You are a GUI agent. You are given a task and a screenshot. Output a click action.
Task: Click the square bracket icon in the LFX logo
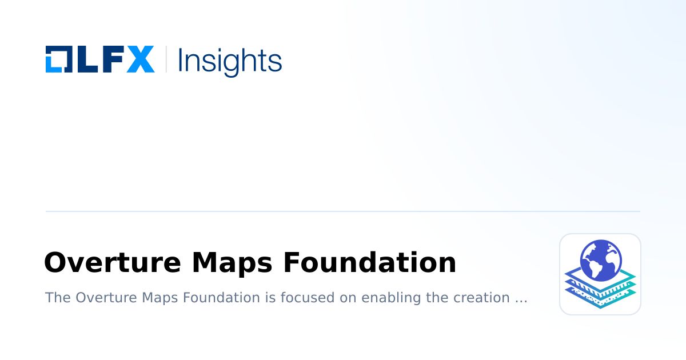pos(58,59)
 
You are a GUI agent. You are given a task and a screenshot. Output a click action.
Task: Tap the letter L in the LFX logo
pos(85,59)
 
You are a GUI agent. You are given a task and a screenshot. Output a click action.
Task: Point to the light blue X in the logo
pos(140,59)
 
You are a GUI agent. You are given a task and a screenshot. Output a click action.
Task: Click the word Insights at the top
pos(230,61)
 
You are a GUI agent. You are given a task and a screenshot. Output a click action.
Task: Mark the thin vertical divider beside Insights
pos(166,59)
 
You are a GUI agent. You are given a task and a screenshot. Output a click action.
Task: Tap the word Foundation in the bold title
pos(370,263)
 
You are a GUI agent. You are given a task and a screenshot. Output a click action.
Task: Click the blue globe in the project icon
pos(600,261)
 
